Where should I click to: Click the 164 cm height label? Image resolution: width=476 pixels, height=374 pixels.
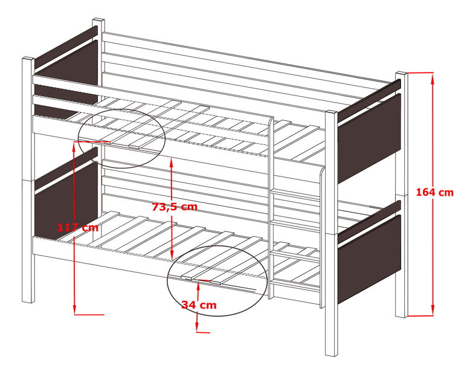pos(434,193)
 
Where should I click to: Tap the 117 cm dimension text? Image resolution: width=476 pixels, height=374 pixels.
pos(77,228)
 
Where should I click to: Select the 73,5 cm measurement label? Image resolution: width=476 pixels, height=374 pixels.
pos(174,207)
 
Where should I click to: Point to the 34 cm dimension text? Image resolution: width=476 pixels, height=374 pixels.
pos(199,305)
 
